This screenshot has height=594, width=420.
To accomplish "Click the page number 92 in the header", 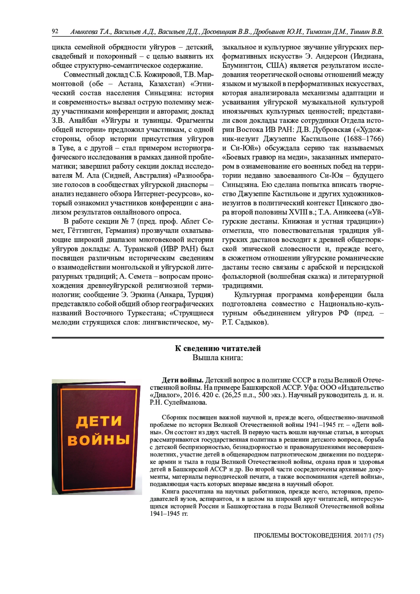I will (55, 32).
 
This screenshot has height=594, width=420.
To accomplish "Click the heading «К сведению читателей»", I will (218, 348).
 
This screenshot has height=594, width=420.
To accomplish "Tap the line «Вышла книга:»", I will (218, 358).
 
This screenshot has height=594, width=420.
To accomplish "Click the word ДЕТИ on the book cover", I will (99, 421).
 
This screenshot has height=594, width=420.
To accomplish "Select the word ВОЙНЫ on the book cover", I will (99, 440).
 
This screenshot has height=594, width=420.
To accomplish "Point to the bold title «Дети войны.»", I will (182, 380).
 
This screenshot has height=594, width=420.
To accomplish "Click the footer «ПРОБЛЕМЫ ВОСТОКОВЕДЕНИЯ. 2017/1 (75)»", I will (318, 535).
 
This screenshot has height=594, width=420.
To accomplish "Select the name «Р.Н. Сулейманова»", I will (178, 403).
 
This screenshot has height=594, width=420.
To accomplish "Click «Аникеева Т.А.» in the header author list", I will (91, 32).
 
